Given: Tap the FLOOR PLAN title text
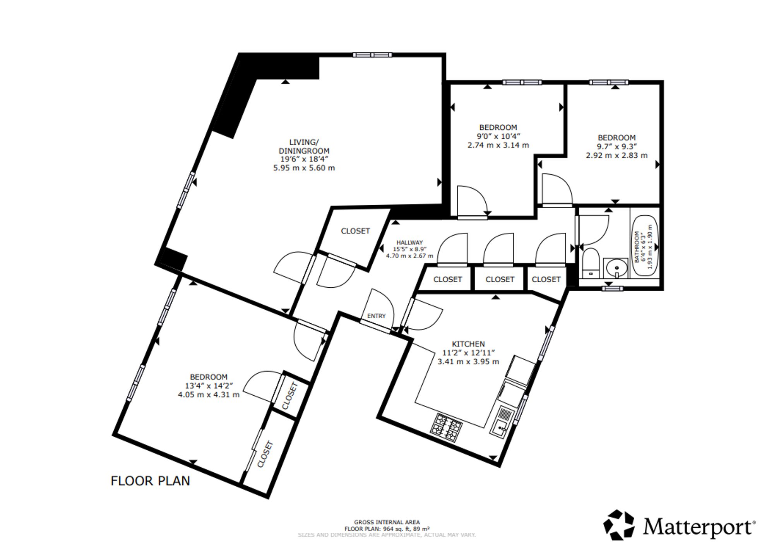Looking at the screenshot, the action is (150, 481).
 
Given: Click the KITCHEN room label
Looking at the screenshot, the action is (468, 344).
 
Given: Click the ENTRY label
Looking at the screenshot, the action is (376, 316).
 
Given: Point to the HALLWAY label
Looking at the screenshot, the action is (409, 242).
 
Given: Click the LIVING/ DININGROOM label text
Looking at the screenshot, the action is (304, 146).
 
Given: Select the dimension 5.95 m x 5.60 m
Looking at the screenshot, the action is (304, 168).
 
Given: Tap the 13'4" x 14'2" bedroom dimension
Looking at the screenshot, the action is (209, 386).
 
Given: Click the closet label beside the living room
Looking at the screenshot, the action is (355, 231).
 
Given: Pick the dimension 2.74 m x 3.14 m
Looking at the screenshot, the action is (498, 145).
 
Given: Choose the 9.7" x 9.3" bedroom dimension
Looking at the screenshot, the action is (616, 146).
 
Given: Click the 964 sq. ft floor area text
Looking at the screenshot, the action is (387, 528).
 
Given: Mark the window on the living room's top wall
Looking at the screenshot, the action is (372, 55).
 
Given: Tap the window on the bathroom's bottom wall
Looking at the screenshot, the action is (613, 288).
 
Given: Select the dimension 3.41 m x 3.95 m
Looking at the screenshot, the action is (468, 362).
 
